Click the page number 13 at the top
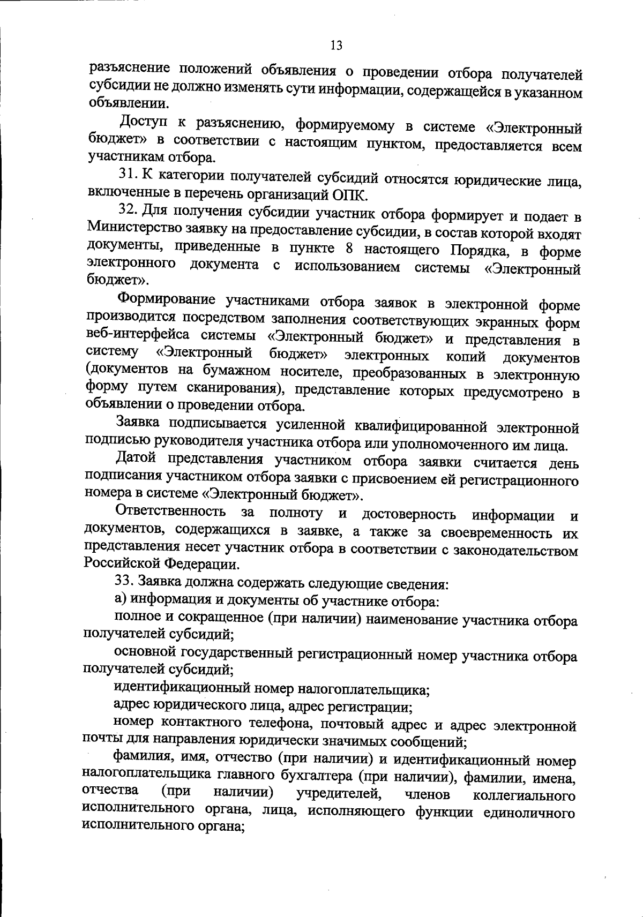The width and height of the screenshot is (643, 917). pos(336,45)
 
